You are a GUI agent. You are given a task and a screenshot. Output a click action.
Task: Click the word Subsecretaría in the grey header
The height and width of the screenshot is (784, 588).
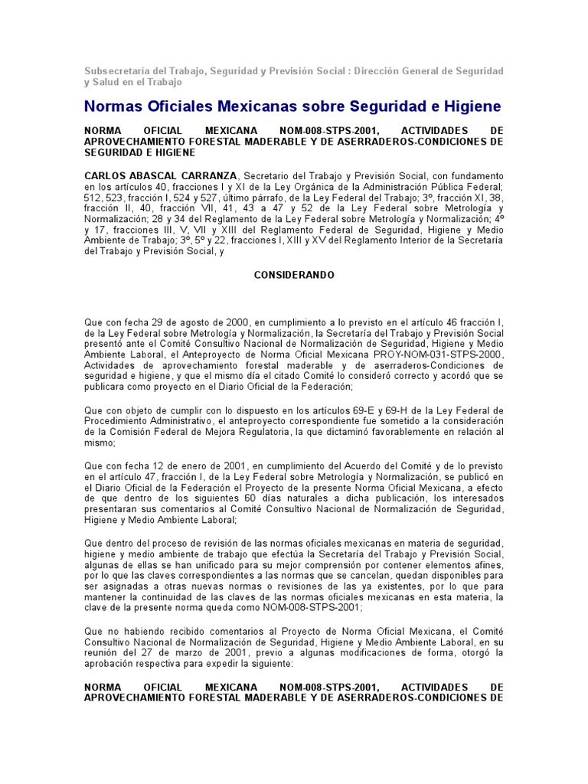pos(116,71)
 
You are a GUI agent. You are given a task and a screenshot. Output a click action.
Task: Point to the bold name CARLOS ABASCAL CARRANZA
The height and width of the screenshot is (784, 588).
pos(161,176)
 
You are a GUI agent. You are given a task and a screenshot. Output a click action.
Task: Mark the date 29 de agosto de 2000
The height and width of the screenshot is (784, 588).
pos(191,323)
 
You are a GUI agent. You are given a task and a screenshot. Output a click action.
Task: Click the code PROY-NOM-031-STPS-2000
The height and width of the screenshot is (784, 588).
pos(437,355)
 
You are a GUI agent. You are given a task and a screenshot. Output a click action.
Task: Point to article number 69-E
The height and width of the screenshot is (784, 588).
pos(385,410)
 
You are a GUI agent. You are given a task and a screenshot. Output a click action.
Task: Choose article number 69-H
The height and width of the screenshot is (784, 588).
pos(423,410)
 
